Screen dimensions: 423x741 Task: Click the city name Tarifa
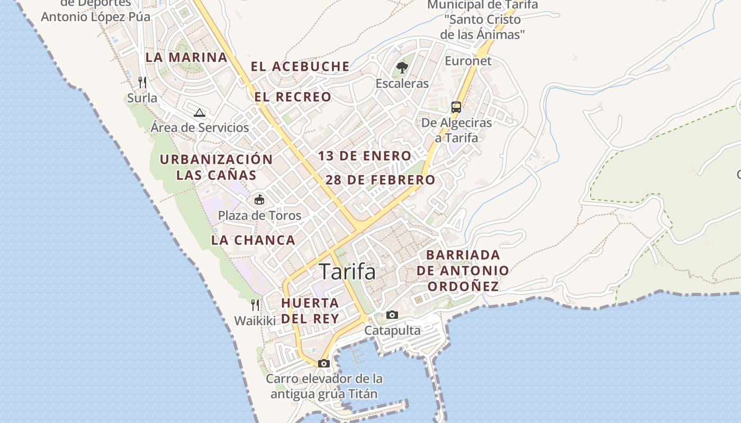pyautogui.click(x=348, y=272)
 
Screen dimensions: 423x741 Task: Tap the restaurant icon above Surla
pyautogui.click(x=142, y=82)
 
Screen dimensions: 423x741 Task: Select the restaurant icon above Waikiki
pyautogui.click(x=255, y=305)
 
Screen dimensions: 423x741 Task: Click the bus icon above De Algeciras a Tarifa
pyautogui.click(x=456, y=107)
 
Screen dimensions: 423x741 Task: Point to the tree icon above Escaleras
pyautogui.click(x=402, y=68)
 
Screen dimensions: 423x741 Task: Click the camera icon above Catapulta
pyautogui.click(x=392, y=315)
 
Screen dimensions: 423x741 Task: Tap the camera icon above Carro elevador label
pyautogui.click(x=324, y=363)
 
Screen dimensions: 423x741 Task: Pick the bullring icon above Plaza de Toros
pyautogui.click(x=259, y=200)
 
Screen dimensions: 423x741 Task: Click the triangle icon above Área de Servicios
pyautogui.click(x=200, y=112)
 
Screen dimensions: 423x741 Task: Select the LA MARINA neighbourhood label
pyautogui.click(x=186, y=58)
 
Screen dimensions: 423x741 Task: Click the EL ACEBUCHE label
pyautogui.click(x=300, y=67)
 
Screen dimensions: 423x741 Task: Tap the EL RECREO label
pyautogui.click(x=293, y=97)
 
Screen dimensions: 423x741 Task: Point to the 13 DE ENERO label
pyautogui.click(x=365, y=156)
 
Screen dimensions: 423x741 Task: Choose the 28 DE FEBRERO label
pyautogui.click(x=380, y=180)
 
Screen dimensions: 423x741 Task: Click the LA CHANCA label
pyautogui.click(x=253, y=240)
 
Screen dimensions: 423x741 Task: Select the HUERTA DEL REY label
pyautogui.click(x=310, y=311)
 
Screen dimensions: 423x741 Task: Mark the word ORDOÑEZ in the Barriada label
pyautogui.click(x=463, y=287)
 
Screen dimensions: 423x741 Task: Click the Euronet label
pyautogui.click(x=468, y=61)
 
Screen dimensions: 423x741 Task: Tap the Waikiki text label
pyautogui.click(x=255, y=321)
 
